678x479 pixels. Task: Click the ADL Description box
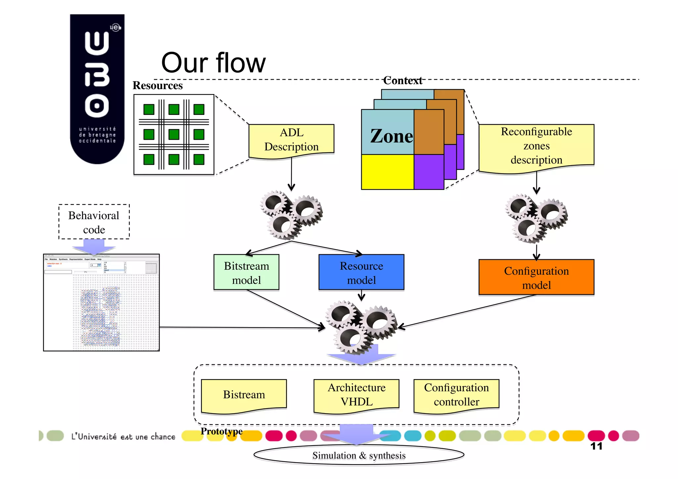(x=291, y=140)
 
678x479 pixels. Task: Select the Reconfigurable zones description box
(x=536, y=146)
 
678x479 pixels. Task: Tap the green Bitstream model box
(x=246, y=273)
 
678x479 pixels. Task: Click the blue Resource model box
(x=361, y=273)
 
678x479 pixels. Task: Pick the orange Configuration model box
(x=536, y=278)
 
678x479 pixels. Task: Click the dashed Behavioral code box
(x=94, y=222)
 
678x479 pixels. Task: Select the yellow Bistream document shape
(x=244, y=395)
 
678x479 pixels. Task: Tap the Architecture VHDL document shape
(x=357, y=395)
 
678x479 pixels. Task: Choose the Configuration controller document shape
(x=456, y=395)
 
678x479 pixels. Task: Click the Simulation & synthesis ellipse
(x=359, y=456)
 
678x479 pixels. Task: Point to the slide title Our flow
(x=214, y=63)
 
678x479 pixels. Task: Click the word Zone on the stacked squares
(x=391, y=136)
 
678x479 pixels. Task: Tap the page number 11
(x=596, y=446)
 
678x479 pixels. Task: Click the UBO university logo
(x=97, y=89)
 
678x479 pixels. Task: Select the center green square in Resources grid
(x=174, y=134)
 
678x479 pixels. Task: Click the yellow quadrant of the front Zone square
(x=387, y=172)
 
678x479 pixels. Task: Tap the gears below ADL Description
(x=291, y=215)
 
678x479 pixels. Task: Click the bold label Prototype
(x=221, y=431)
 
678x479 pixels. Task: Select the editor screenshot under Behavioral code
(x=101, y=303)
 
